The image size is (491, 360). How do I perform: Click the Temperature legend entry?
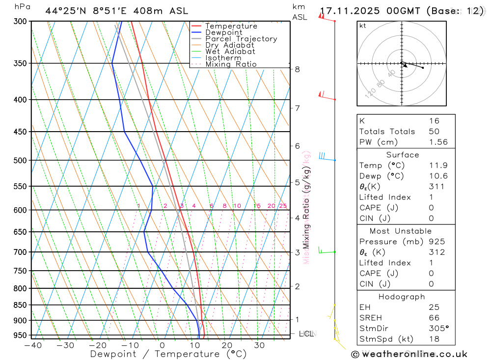tap(231, 26)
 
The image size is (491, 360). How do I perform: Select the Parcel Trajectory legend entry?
tap(241, 39)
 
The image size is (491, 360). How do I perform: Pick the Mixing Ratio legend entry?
tap(231, 64)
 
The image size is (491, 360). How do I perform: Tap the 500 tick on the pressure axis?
tap(21, 160)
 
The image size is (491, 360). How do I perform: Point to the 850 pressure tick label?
tap(21, 305)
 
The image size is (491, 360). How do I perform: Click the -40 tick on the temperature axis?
tap(33, 345)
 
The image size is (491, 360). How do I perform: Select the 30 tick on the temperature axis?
tap(260, 345)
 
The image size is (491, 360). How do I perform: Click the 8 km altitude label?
tap(298, 69)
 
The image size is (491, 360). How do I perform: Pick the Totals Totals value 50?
tap(434, 131)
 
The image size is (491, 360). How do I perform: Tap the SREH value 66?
tap(434, 318)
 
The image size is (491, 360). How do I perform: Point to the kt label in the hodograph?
tap(363, 26)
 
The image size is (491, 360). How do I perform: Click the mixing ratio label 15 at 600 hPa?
tap(257, 206)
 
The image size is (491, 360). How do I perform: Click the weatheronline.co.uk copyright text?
tap(409, 354)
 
